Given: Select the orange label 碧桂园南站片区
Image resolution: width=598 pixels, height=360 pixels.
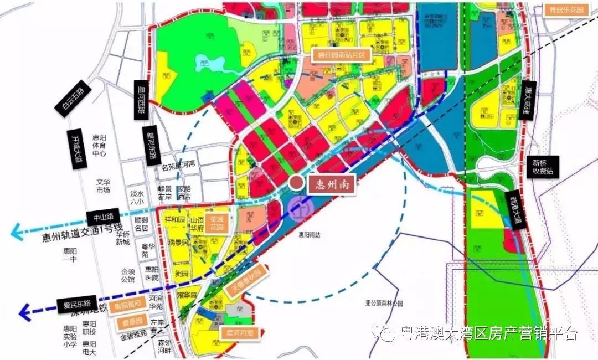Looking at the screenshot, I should click(342, 55).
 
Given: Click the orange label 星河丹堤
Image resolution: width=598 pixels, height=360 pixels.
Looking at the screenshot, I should click(239, 334).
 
